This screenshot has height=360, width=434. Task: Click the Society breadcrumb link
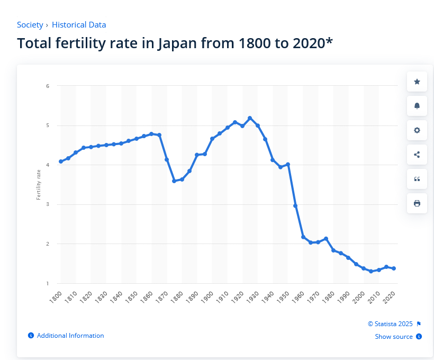pos(30,25)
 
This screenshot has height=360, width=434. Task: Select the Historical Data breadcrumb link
pos(79,25)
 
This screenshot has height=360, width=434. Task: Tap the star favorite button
pos(417,82)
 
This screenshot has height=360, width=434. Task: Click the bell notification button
pos(417,106)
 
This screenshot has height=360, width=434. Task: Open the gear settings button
pos(417,130)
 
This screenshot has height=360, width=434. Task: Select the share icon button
pos(417,155)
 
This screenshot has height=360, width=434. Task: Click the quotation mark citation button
pos(417,179)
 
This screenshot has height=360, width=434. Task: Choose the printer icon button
pos(417,203)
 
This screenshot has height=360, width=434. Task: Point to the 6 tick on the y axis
pos(48,86)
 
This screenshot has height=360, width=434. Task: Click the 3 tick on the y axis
pos(48,204)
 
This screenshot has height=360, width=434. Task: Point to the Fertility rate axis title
pos(39,185)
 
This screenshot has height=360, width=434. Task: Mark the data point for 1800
pos(61,161)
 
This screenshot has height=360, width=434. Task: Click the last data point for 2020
pos(394,268)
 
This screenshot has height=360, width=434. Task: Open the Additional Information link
pos(70,336)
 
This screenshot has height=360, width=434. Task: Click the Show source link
pos(394,337)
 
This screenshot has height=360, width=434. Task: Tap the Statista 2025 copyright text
pos(390,324)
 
